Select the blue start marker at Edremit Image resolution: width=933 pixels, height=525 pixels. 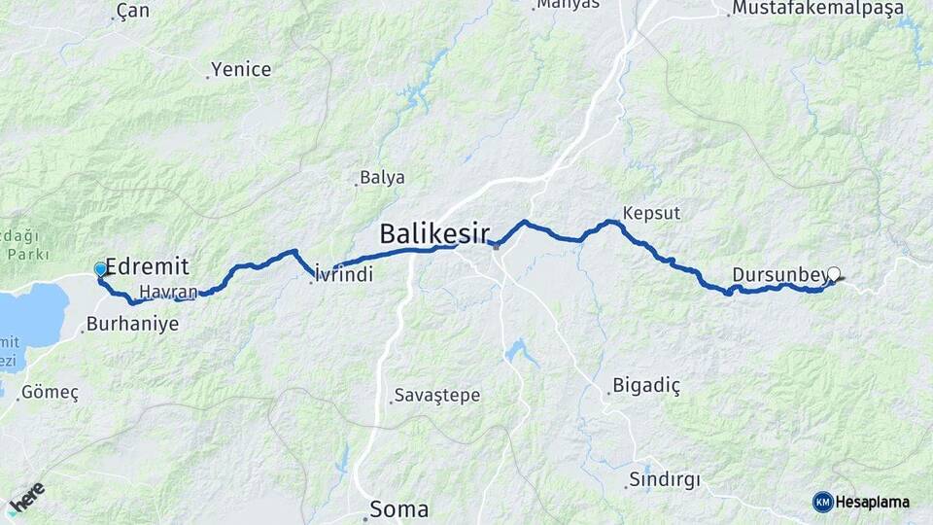point(100,269)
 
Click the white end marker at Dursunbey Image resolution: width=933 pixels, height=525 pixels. point(833,274)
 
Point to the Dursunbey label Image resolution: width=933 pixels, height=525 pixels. point(779,274)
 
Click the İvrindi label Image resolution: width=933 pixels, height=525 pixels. point(344,276)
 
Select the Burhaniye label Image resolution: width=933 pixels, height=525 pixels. point(132,324)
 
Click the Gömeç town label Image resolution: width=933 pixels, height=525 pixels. point(50,392)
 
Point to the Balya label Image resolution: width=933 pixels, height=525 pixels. point(382,178)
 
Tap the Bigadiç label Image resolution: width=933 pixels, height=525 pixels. point(645,386)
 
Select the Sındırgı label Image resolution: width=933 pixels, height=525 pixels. point(664,479)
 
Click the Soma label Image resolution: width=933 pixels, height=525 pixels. point(397,508)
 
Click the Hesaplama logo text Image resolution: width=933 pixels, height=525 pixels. point(872,502)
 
